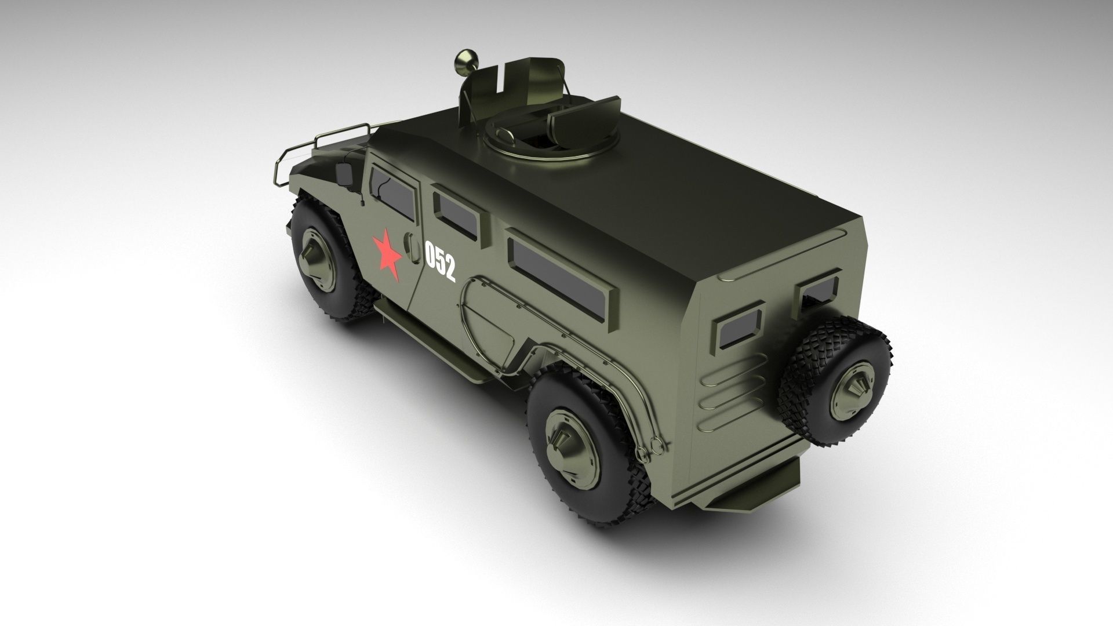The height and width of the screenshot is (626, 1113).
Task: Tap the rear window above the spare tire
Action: (817, 290)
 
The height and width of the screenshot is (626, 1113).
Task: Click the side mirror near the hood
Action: (344, 173)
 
